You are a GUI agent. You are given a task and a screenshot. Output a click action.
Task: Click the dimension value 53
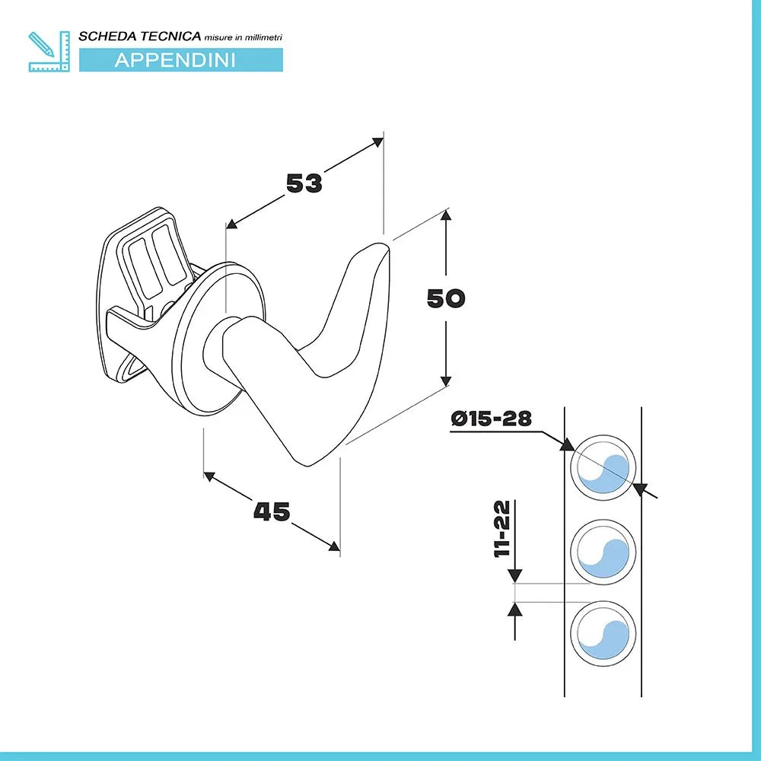[304, 183]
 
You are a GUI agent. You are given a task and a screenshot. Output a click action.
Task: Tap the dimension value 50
[446, 298]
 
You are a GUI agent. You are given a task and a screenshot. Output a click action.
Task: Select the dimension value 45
[272, 511]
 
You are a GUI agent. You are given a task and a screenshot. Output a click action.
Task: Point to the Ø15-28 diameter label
[491, 418]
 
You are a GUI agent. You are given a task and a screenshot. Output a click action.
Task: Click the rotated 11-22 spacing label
[503, 529]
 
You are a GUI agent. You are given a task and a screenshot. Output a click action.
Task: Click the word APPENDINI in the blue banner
[175, 60]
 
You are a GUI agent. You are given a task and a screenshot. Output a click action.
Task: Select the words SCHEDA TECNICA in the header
[140, 37]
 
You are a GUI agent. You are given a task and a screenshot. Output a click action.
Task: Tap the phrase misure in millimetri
[244, 37]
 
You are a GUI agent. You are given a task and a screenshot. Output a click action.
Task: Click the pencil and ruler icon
[49, 52]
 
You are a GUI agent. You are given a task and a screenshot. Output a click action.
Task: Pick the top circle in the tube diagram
[603, 468]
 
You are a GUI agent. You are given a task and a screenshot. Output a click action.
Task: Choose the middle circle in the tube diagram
[603, 552]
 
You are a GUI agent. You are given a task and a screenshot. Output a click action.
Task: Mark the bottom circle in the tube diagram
[603, 633]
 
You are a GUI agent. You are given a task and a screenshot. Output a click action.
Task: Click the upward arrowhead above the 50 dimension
[446, 215]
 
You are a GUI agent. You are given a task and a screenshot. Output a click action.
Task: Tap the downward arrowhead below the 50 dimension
[446, 381]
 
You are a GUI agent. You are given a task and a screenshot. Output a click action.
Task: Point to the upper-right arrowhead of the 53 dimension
[377, 142]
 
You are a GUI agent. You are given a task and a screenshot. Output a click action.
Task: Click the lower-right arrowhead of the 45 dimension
[334, 546]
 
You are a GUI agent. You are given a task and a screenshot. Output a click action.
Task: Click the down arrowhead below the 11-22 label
[514, 577]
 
